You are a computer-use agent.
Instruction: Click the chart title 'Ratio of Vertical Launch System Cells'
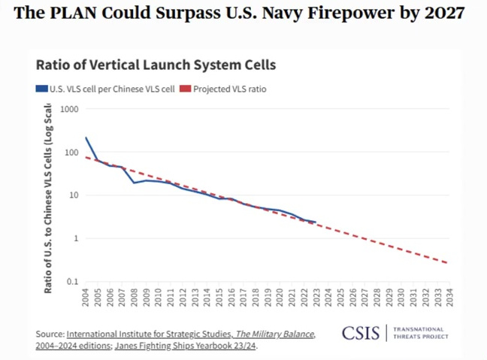point(156,65)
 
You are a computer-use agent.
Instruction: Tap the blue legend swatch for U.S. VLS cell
point(42,89)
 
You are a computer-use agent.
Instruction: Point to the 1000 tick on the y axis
point(70,110)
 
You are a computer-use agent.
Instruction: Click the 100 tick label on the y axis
point(72,153)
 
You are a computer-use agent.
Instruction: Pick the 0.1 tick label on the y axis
point(73,282)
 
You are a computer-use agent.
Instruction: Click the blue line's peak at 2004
point(86,138)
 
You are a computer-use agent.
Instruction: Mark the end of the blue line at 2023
point(316,222)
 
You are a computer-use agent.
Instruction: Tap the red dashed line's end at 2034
point(449,263)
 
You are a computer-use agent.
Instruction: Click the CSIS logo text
point(362,332)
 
